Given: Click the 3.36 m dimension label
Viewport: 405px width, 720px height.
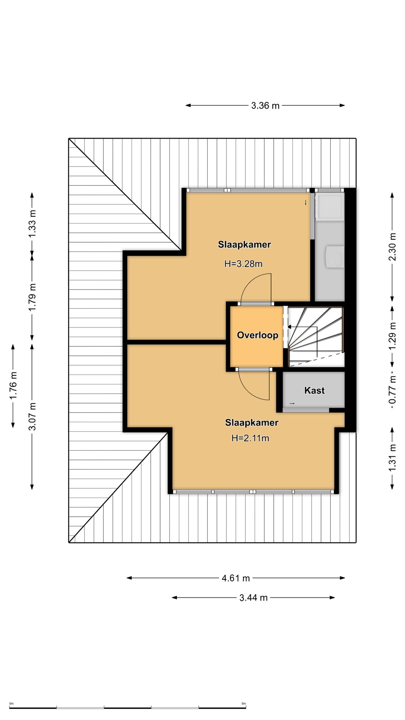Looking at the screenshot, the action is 265,106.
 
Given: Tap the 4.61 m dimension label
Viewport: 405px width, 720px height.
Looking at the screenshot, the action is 235,578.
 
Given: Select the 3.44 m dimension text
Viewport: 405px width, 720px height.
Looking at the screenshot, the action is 253,598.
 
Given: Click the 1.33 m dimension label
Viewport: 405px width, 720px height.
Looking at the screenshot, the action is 32,223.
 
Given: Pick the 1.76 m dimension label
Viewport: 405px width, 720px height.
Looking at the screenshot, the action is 13,385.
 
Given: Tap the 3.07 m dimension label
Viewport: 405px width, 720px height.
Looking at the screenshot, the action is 32,417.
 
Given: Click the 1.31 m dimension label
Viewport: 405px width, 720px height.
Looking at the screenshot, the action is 392,458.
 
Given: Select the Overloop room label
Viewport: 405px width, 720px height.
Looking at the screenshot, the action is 258,335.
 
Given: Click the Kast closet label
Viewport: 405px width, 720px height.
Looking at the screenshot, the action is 314,391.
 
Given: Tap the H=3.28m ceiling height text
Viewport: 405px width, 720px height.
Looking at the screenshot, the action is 243,264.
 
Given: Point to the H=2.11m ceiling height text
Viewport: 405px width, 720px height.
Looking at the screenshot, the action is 250,438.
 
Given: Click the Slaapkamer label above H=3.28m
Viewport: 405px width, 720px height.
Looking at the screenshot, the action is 244,245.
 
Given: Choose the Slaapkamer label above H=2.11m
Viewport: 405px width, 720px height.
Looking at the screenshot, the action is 252,423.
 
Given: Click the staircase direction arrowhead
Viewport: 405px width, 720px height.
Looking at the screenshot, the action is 289,327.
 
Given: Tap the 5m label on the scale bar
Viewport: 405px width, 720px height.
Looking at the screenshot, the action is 244,704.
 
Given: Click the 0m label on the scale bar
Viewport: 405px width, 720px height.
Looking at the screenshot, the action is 11,704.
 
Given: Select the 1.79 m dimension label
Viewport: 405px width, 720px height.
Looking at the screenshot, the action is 32,297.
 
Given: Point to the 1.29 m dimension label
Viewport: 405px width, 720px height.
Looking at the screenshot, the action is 392,336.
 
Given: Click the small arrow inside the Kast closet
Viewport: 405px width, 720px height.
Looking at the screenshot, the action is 292,403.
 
